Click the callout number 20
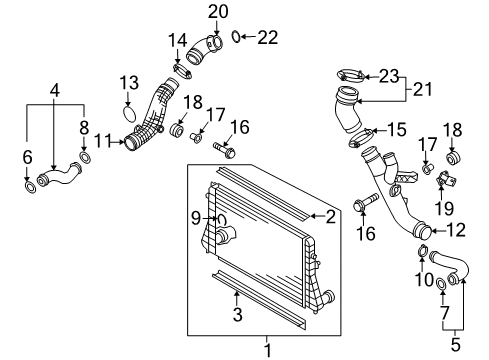[x=218, y=12]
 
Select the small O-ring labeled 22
[x=236, y=37]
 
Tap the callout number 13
[x=129, y=83]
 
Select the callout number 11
[x=102, y=141]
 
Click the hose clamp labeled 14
[x=182, y=71]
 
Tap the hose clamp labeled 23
[x=351, y=75]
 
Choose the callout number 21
[x=422, y=89]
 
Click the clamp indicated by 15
[x=360, y=138]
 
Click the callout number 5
[x=455, y=344]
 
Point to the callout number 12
[x=456, y=230]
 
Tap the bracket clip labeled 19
[x=446, y=179]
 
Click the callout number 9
[x=196, y=218]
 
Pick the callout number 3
[x=237, y=315]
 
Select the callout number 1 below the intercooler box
[x=268, y=351]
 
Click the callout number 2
[x=330, y=217]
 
